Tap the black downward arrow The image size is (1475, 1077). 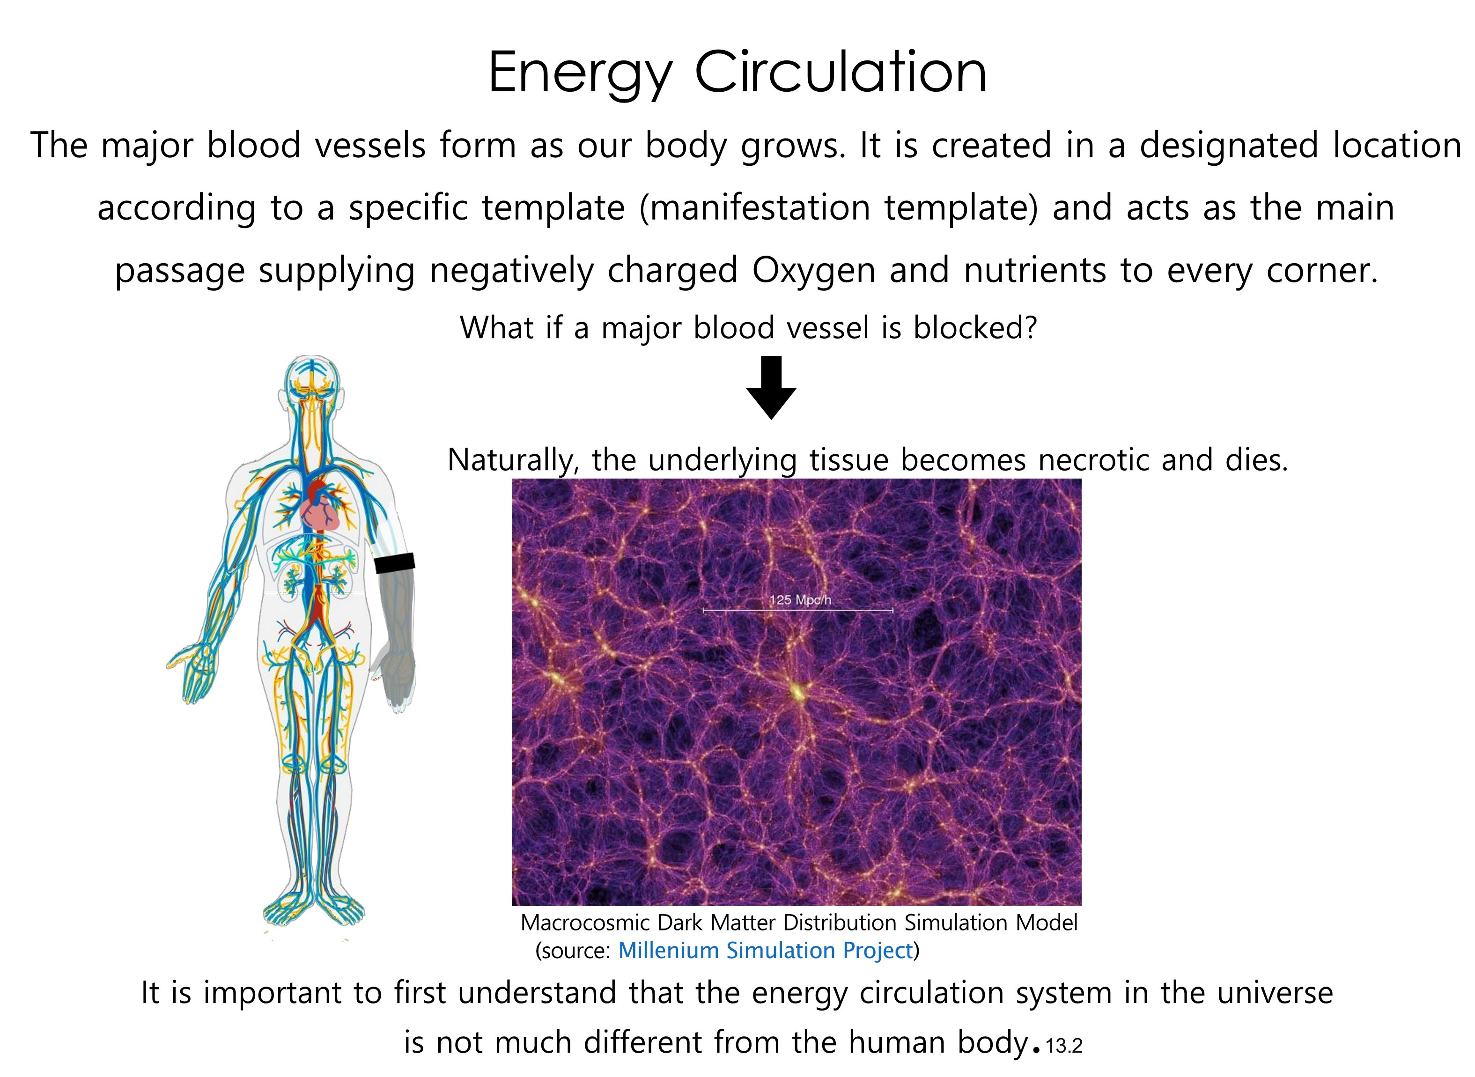tap(771, 387)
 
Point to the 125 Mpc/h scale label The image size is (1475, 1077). tap(800, 600)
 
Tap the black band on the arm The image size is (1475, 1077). tap(394, 563)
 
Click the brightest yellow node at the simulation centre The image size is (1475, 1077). tap(796, 690)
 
